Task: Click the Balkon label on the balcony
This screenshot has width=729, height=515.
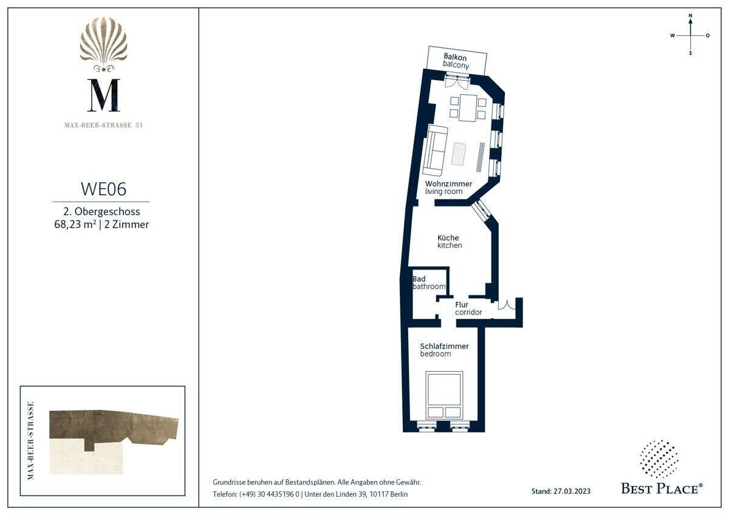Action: [455, 58]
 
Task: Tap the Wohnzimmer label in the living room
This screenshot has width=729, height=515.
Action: [448, 184]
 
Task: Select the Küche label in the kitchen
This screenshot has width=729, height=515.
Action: [448, 237]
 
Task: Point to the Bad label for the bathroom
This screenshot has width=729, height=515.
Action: [419, 279]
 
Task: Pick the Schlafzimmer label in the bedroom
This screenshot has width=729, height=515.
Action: [444, 346]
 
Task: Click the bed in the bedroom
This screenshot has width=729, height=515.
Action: [444, 395]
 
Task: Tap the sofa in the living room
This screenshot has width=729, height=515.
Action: [435, 151]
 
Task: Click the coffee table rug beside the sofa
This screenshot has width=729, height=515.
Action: [459, 154]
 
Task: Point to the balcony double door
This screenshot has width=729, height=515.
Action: [457, 81]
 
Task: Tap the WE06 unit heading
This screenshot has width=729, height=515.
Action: [103, 189]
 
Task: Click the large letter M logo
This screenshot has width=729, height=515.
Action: [104, 95]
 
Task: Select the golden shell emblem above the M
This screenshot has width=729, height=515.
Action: [103, 44]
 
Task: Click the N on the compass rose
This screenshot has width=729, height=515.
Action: [690, 16]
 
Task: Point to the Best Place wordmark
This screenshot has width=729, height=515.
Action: [662, 489]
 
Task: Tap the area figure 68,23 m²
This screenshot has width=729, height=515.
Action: [75, 224]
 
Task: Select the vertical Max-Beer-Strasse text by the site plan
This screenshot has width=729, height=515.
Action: [31, 440]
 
